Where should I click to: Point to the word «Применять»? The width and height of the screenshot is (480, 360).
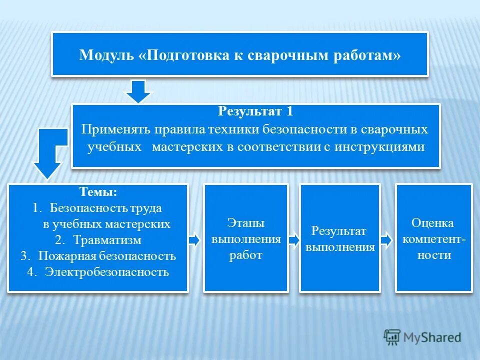(116, 129)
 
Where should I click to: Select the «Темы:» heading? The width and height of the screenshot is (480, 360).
(98, 191)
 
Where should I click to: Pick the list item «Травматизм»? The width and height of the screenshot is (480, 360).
(107, 240)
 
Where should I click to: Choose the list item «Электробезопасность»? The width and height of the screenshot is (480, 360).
(106, 272)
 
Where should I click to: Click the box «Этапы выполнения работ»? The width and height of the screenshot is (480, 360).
(245, 238)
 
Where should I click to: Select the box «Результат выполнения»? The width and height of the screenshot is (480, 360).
(339, 238)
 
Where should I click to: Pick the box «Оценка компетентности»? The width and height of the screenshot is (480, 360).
(433, 238)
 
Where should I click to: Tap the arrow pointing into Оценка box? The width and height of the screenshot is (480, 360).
(386, 240)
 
